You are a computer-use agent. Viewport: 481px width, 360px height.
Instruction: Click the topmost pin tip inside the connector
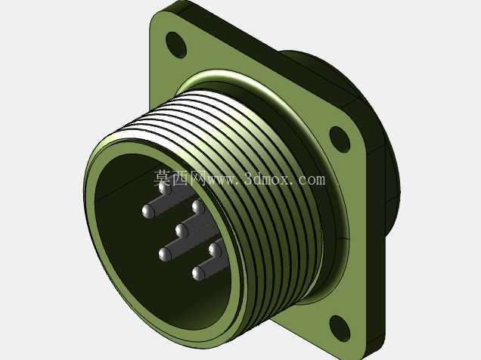[x=166, y=188]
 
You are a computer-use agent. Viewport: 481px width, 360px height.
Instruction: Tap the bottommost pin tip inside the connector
[x=198, y=274]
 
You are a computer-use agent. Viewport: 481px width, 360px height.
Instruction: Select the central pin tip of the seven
[x=182, y=231]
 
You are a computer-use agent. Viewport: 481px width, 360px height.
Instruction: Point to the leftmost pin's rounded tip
[x=148, y=212]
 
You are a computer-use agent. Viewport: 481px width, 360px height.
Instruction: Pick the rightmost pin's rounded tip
[x=216, y=250]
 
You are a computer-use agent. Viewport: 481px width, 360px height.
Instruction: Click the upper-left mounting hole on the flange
[x=176, y=45]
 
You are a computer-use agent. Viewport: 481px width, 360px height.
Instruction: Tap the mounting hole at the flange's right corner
[x=340, y=139]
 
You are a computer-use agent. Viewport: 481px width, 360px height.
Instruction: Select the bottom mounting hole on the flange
[x=340, y=328]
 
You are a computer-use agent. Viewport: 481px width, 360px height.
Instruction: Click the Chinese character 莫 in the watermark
[x=163, y=178]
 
